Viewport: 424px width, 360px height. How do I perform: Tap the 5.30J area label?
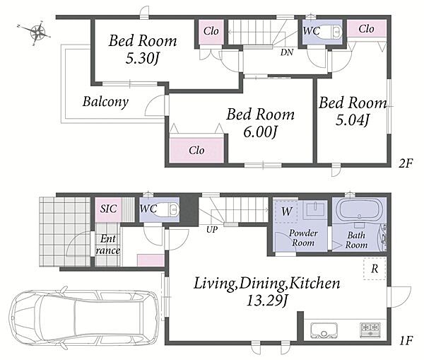coord(142,58)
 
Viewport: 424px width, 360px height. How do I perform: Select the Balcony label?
coord(105,102)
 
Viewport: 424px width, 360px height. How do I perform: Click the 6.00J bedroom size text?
coord(260,132)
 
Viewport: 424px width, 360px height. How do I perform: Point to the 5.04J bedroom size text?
coord(352,120)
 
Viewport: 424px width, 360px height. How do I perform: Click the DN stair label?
coord(287,52)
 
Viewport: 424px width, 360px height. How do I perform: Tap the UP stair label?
coord(212,230)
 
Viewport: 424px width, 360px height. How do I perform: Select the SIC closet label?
coord(108,209)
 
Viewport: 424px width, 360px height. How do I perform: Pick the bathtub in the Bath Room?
coord(359,209)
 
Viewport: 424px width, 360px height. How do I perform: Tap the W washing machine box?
coord(286,211)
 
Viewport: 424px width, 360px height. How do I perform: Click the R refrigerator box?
coord(375,269)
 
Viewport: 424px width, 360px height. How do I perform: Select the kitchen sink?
coord(324,330)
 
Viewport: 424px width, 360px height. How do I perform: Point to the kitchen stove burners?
coord(370,330)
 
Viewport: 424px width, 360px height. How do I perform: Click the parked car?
coord(83,319)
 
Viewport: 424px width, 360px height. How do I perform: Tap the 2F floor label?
coord(406,163)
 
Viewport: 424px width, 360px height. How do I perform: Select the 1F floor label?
coord(406,340)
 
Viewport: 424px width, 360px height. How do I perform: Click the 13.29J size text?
coord(266,301)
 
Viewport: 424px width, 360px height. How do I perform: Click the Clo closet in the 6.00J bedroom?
coord(196,150)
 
